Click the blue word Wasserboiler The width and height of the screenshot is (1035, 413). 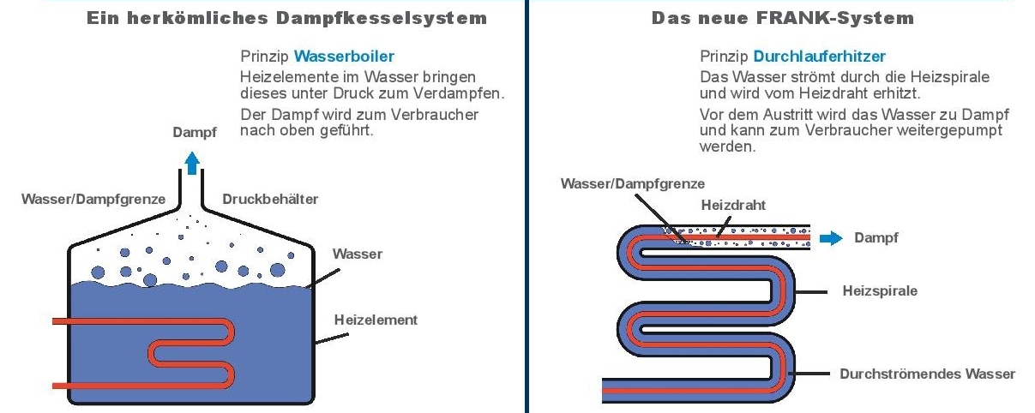344,57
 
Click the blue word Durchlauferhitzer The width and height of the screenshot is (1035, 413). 819,57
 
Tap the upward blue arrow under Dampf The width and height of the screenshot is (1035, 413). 192,164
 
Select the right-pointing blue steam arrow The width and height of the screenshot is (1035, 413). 831,238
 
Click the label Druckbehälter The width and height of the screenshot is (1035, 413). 270,200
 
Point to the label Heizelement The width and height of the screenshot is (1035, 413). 376,320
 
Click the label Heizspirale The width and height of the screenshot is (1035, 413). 880,290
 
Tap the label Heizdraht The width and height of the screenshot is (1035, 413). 733,205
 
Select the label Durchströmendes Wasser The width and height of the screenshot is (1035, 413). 927,374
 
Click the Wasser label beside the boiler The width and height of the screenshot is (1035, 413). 358,254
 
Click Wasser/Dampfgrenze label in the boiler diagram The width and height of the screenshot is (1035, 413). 93,200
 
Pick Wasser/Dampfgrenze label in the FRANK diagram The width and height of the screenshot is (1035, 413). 633,183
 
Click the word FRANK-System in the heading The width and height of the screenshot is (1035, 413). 835,18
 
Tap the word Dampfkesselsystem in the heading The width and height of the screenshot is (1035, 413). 382,18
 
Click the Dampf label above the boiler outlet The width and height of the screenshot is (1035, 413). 195,133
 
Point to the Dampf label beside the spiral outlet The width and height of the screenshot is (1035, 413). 876,237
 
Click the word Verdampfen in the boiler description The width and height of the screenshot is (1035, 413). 459,93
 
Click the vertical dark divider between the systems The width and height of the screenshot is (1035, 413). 527,206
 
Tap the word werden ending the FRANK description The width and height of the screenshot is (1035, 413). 727,147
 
